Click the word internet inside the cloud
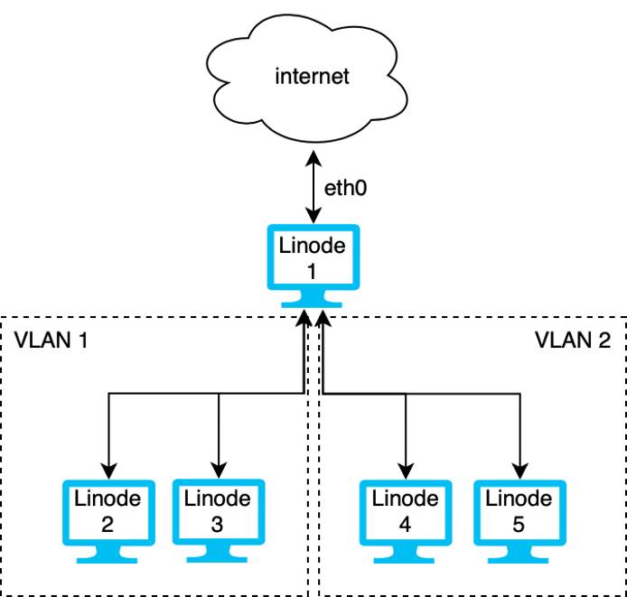point(312,77)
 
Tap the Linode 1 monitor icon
point(312,257)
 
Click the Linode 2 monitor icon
point(108,511)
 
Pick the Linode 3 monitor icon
point(217,511)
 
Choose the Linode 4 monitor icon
point(405,511)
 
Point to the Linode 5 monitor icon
point(519,511)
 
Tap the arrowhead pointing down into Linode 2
point(108,471)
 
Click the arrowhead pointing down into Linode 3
point(218,471)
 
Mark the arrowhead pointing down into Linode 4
point(406,471)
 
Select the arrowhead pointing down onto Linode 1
point(313,217)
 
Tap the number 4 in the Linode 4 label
point(405,521)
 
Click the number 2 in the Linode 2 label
point(108,521)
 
